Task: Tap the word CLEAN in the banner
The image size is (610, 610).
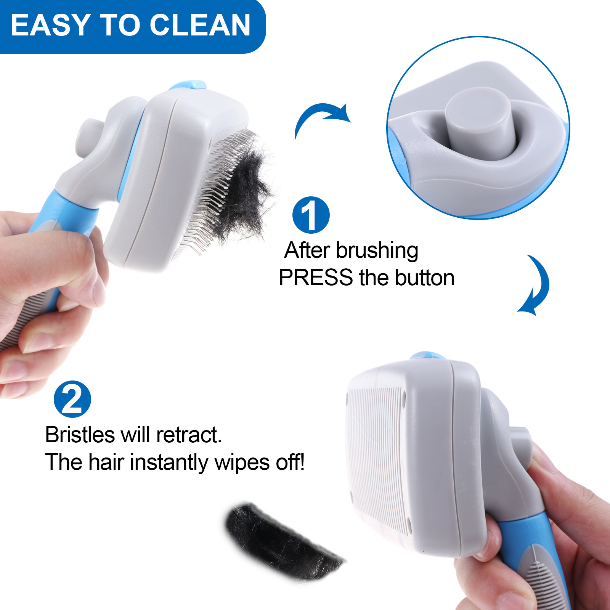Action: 200,25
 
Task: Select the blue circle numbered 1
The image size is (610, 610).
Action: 311,215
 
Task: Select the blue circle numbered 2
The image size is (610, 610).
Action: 72,399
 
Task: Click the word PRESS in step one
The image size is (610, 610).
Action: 316,277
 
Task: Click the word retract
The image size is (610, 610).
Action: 189,435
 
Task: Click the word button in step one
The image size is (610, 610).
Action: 425,277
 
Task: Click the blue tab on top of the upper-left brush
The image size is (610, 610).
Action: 189,85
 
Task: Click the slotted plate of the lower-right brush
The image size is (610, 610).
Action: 377,457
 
